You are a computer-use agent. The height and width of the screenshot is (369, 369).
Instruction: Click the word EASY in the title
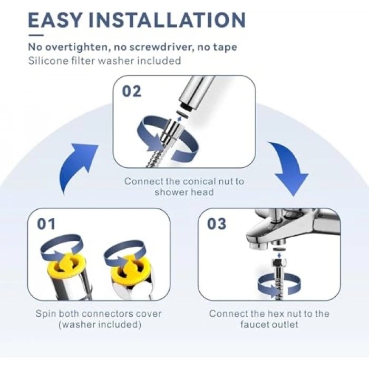click(x=55, y=20)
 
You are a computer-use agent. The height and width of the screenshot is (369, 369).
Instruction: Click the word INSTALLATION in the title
click(x=168, y=20)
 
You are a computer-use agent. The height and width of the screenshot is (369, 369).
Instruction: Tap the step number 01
click(x=46, y=224)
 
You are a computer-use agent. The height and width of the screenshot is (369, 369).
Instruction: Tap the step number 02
click(x=132, y=91)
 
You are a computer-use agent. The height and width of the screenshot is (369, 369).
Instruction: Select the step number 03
click(x=217, y=224)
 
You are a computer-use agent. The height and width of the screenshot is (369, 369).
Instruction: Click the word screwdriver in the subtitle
click(x=161, y=47)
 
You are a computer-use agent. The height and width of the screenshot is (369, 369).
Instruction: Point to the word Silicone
click(x=44, y=61)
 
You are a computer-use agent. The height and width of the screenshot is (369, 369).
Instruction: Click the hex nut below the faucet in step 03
click(x=279, y=262)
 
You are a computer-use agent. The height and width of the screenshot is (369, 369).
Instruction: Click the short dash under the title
click(x=36, y=35)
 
